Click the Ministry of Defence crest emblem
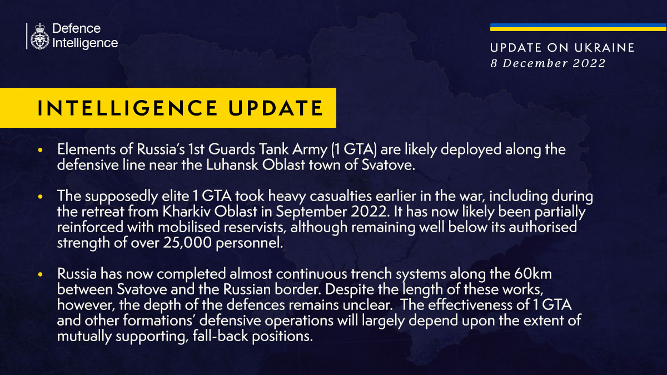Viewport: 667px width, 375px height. click(x=39, y=36)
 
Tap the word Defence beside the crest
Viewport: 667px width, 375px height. click(x=77, y=28)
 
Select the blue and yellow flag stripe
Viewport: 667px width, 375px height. click(x=578, y=27)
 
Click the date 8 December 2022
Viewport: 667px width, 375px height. click(x=548, y=63)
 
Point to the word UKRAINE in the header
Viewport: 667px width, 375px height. click(x=605, y=48)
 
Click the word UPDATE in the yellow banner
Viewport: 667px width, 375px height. click(x=276, y=108)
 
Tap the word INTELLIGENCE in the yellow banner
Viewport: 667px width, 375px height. click(x=127, y=108)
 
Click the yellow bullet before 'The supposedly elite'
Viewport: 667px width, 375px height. click(x=41, y=197)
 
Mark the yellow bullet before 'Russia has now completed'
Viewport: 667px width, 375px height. click(x=41, y=274)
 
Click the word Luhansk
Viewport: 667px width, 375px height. click(x=232, y=165)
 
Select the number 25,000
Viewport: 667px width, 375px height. click(x=187, y=243)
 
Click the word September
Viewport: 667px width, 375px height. click(x=311, y=212)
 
